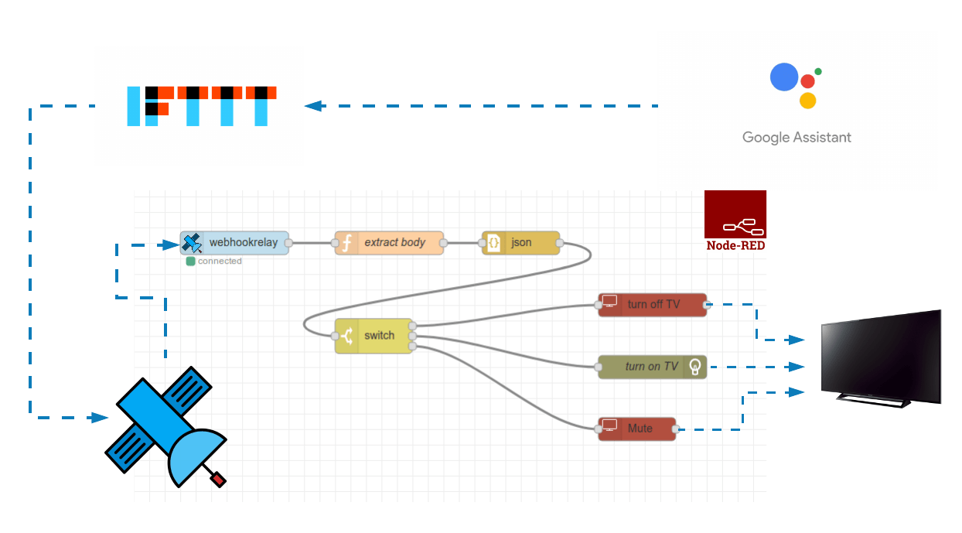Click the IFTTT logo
pos(202,106)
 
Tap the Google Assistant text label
pos(797,138)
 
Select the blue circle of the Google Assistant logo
pos(783,77)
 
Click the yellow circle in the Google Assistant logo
pos(808,100)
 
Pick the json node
pos(520,243)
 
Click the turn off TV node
pos(653,305)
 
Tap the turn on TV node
pos(653,367)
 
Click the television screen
pos(881,355)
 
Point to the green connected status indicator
pos(191,261)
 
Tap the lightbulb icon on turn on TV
pos(695,366)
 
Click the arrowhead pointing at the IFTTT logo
pos(312,106)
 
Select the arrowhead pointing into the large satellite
pos(100,418)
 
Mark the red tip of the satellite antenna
pos(219,480)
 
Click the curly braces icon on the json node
pos(493,243)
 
